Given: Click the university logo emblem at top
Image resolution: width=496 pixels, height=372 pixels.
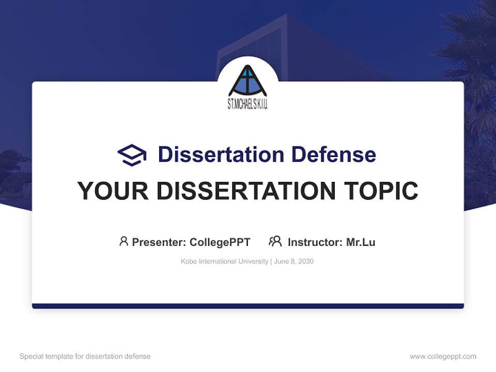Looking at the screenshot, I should (247, 82).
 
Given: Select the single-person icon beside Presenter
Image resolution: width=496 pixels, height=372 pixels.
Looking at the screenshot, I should (123, 241).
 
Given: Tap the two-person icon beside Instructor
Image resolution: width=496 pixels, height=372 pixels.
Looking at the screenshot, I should (275, 241).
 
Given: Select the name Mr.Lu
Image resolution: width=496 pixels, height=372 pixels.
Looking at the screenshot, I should (361, 242).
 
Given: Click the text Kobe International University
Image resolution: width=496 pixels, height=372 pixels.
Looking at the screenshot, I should (224, 261).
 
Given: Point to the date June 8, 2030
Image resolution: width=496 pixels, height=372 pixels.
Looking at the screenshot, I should (294, 261).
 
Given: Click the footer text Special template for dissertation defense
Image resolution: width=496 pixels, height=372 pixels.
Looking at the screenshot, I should (85, 357).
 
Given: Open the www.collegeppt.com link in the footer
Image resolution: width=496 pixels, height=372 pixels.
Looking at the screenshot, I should (443, 357).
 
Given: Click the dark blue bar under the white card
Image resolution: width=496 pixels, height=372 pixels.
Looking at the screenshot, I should (247, 306).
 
